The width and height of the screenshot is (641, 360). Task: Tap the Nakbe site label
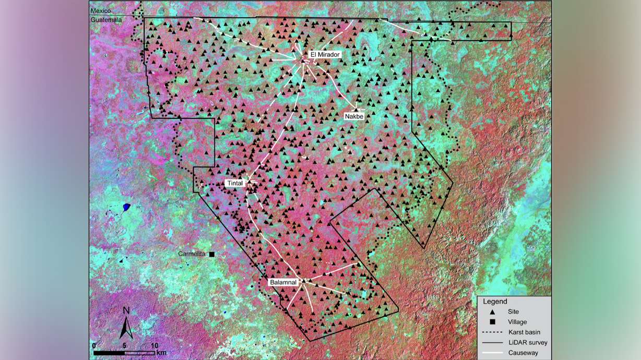coord(353,116)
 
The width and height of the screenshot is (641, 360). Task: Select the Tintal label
coord(234,183)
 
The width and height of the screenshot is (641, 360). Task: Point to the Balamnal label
coord(283,282)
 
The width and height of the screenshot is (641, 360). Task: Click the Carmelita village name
coord(193,254)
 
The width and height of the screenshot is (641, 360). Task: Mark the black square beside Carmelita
coord(212,254)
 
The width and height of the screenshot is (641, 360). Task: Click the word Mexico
coord(101,11)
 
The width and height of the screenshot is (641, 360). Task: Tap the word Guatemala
coord(106,20)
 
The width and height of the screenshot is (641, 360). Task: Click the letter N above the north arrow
coord(126,311)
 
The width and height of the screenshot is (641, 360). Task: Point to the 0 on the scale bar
coord(94,346)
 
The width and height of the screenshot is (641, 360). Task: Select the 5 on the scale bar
coord(125,346)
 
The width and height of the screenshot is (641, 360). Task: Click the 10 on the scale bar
coord(154,346)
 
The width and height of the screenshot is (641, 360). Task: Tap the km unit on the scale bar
coord(162,353)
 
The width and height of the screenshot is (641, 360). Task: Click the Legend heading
coord(495,302)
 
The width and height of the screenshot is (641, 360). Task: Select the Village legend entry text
coord(517,322)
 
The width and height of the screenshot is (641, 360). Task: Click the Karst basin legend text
coord(524,332)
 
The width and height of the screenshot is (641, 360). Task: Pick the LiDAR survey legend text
coord(527,343)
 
